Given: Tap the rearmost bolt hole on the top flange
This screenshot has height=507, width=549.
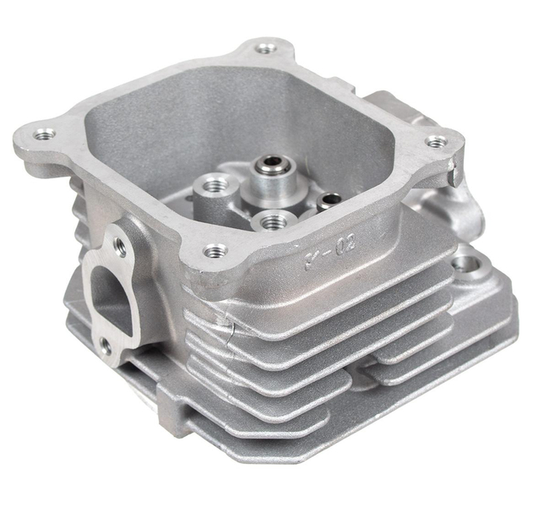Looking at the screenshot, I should click(266, 47).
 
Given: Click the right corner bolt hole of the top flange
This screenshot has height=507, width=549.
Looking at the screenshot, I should click(435, 142).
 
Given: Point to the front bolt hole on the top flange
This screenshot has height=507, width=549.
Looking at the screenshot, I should click(215, 251).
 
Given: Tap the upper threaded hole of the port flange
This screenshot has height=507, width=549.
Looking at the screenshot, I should click(121, 246).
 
